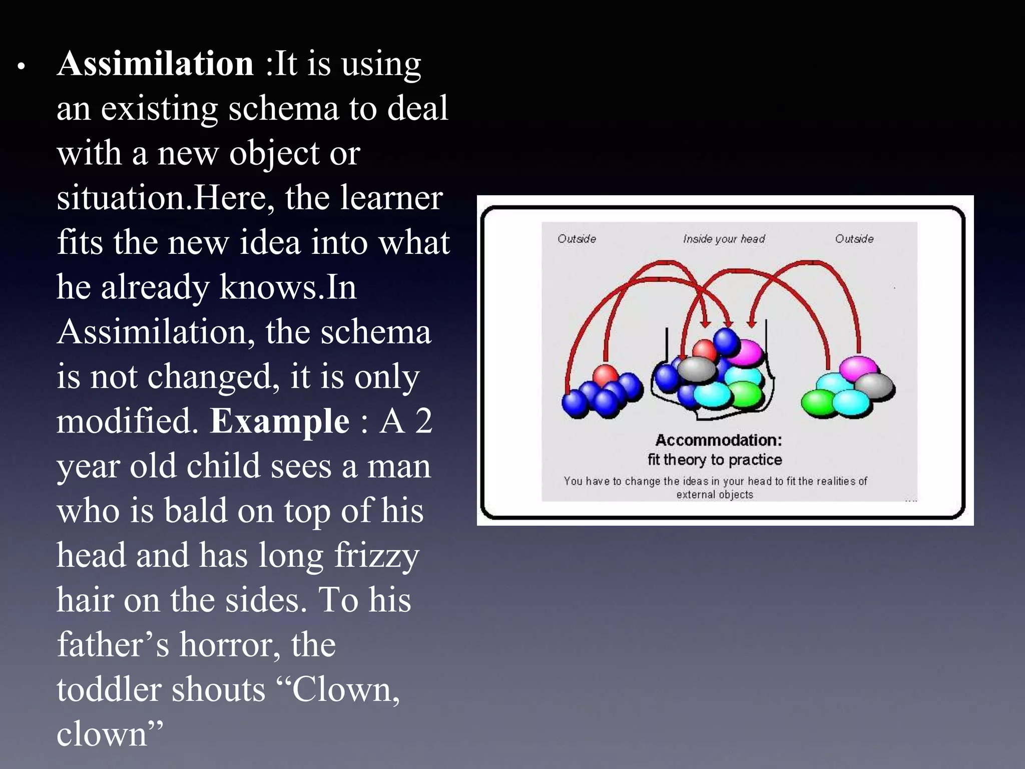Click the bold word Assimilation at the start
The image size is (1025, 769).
tap(155, 64)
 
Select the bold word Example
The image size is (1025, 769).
tap(279, 421)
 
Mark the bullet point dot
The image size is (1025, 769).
tap(21, 66)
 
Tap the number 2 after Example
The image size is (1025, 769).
tap(423, 421)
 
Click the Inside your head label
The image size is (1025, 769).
tap(724, 239)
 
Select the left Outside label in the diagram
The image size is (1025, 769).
tap(577, 239)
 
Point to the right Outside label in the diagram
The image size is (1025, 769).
tap(854, 239)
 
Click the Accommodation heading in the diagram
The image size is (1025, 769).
tap(718, 440)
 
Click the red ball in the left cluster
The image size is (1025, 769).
tap(606, 375)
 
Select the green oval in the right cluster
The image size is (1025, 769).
tap(817, 403)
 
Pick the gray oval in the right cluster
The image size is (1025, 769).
tap(874, 386)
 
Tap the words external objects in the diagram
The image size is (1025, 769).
tap(714, 495)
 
